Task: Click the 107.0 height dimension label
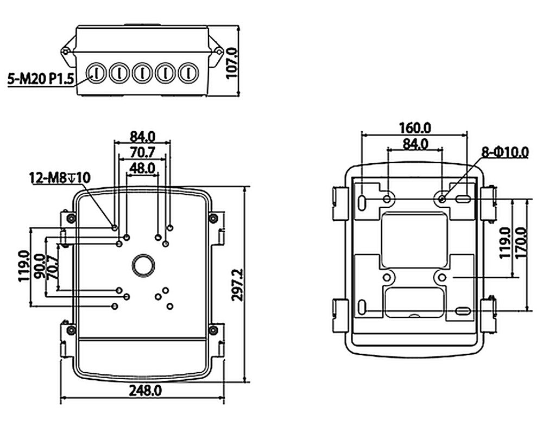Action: click(233, 63)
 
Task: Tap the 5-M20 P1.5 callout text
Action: click(41, 80)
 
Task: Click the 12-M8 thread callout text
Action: click(60, 177)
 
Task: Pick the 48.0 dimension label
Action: click(142, 168)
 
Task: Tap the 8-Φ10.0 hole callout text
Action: click(504, 152)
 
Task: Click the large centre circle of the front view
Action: click(143, 265)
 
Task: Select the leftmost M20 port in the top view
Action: click(95, 72)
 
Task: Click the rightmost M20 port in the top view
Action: click(188, 72)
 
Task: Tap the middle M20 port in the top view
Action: click(142, 72)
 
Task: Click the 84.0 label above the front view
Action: click(142, 136)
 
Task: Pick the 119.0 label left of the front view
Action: click(23, 266)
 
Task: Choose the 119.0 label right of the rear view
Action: click(504, 242)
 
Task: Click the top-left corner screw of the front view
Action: click(70, 218)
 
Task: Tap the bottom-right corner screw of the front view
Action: click(213, 329)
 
